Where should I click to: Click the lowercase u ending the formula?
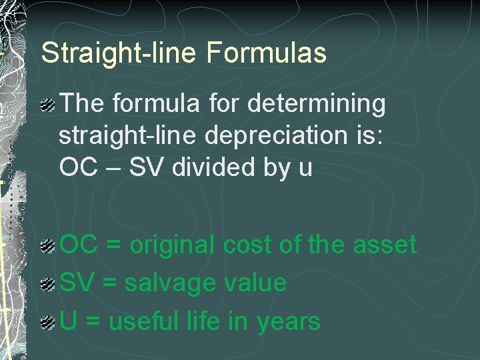(x=305, y=168)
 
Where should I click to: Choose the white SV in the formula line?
(x=145, y=167)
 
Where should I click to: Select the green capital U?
(x=67, y=322)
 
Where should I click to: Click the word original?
(x=173, y=245)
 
